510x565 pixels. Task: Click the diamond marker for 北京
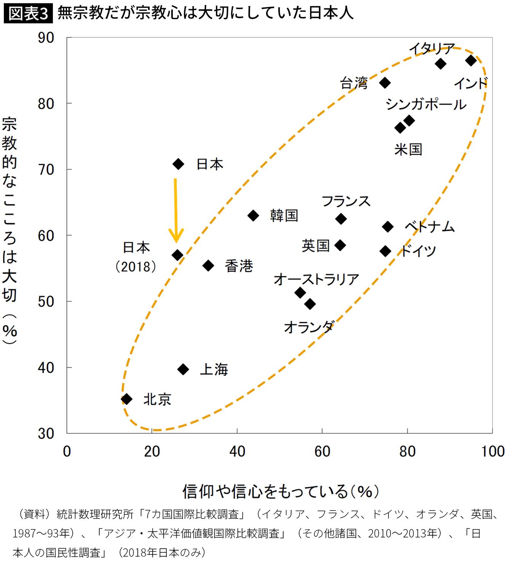pyautogui.click(x=126, y=399)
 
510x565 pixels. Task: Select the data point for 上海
pyautogui.click(x=183, y=369)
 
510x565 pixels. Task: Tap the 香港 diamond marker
pyautogui.click(x=208, y=265)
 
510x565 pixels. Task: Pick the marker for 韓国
pyautogui.click(x=253, y=215)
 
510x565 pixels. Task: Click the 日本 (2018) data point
pyautogui.click(x=177, y=255)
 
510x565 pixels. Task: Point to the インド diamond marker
pyautogui.click(x=471, y=60)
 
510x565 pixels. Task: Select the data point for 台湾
pyautogui.click(x=385, y=83)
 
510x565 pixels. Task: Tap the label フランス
pyautogui.click(x=346, y=201)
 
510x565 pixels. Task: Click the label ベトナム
pyautogui.click(x=430, y=227)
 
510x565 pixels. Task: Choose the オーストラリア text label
pyautogui.click(x=316, y=279)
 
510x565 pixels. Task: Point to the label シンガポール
pyautogui.click(x=426, y=104)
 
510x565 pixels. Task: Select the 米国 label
pyautogui.click(x=408, y=149)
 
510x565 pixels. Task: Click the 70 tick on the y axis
pyautogui.click(x=46, y=169)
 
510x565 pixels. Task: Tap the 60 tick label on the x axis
pyautogui.click(x=322, y=452)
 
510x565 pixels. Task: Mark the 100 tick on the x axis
pyautogui.click(x=492, y=452)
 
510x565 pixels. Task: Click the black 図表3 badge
pyautogui.click(x=28, y=14)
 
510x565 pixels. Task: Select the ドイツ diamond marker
pyautogui.click(x=385, y=251)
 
